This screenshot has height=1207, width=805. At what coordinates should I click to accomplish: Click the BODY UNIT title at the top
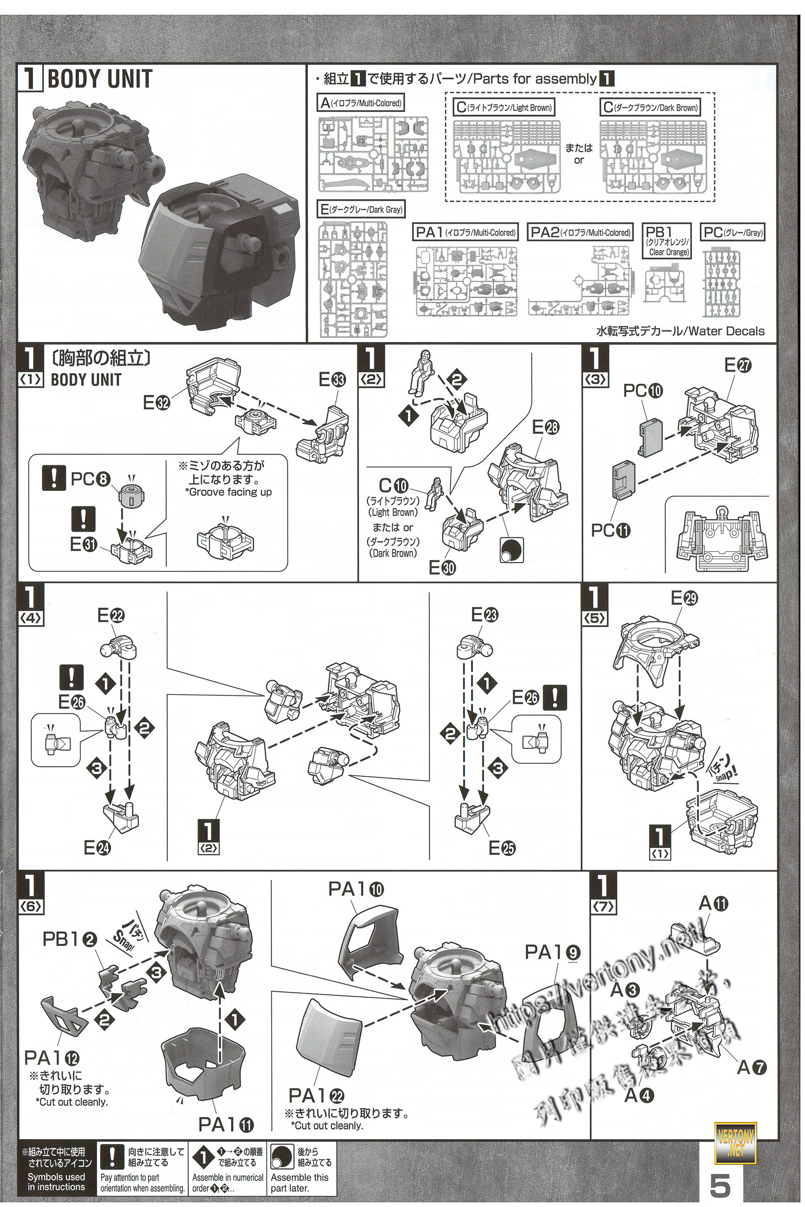point(100,79)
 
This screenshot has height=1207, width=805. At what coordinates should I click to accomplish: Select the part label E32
point(156,403)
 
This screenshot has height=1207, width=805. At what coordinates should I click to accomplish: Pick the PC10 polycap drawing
point(650,438)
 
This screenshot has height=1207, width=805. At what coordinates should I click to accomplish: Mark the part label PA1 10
point(356,889)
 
